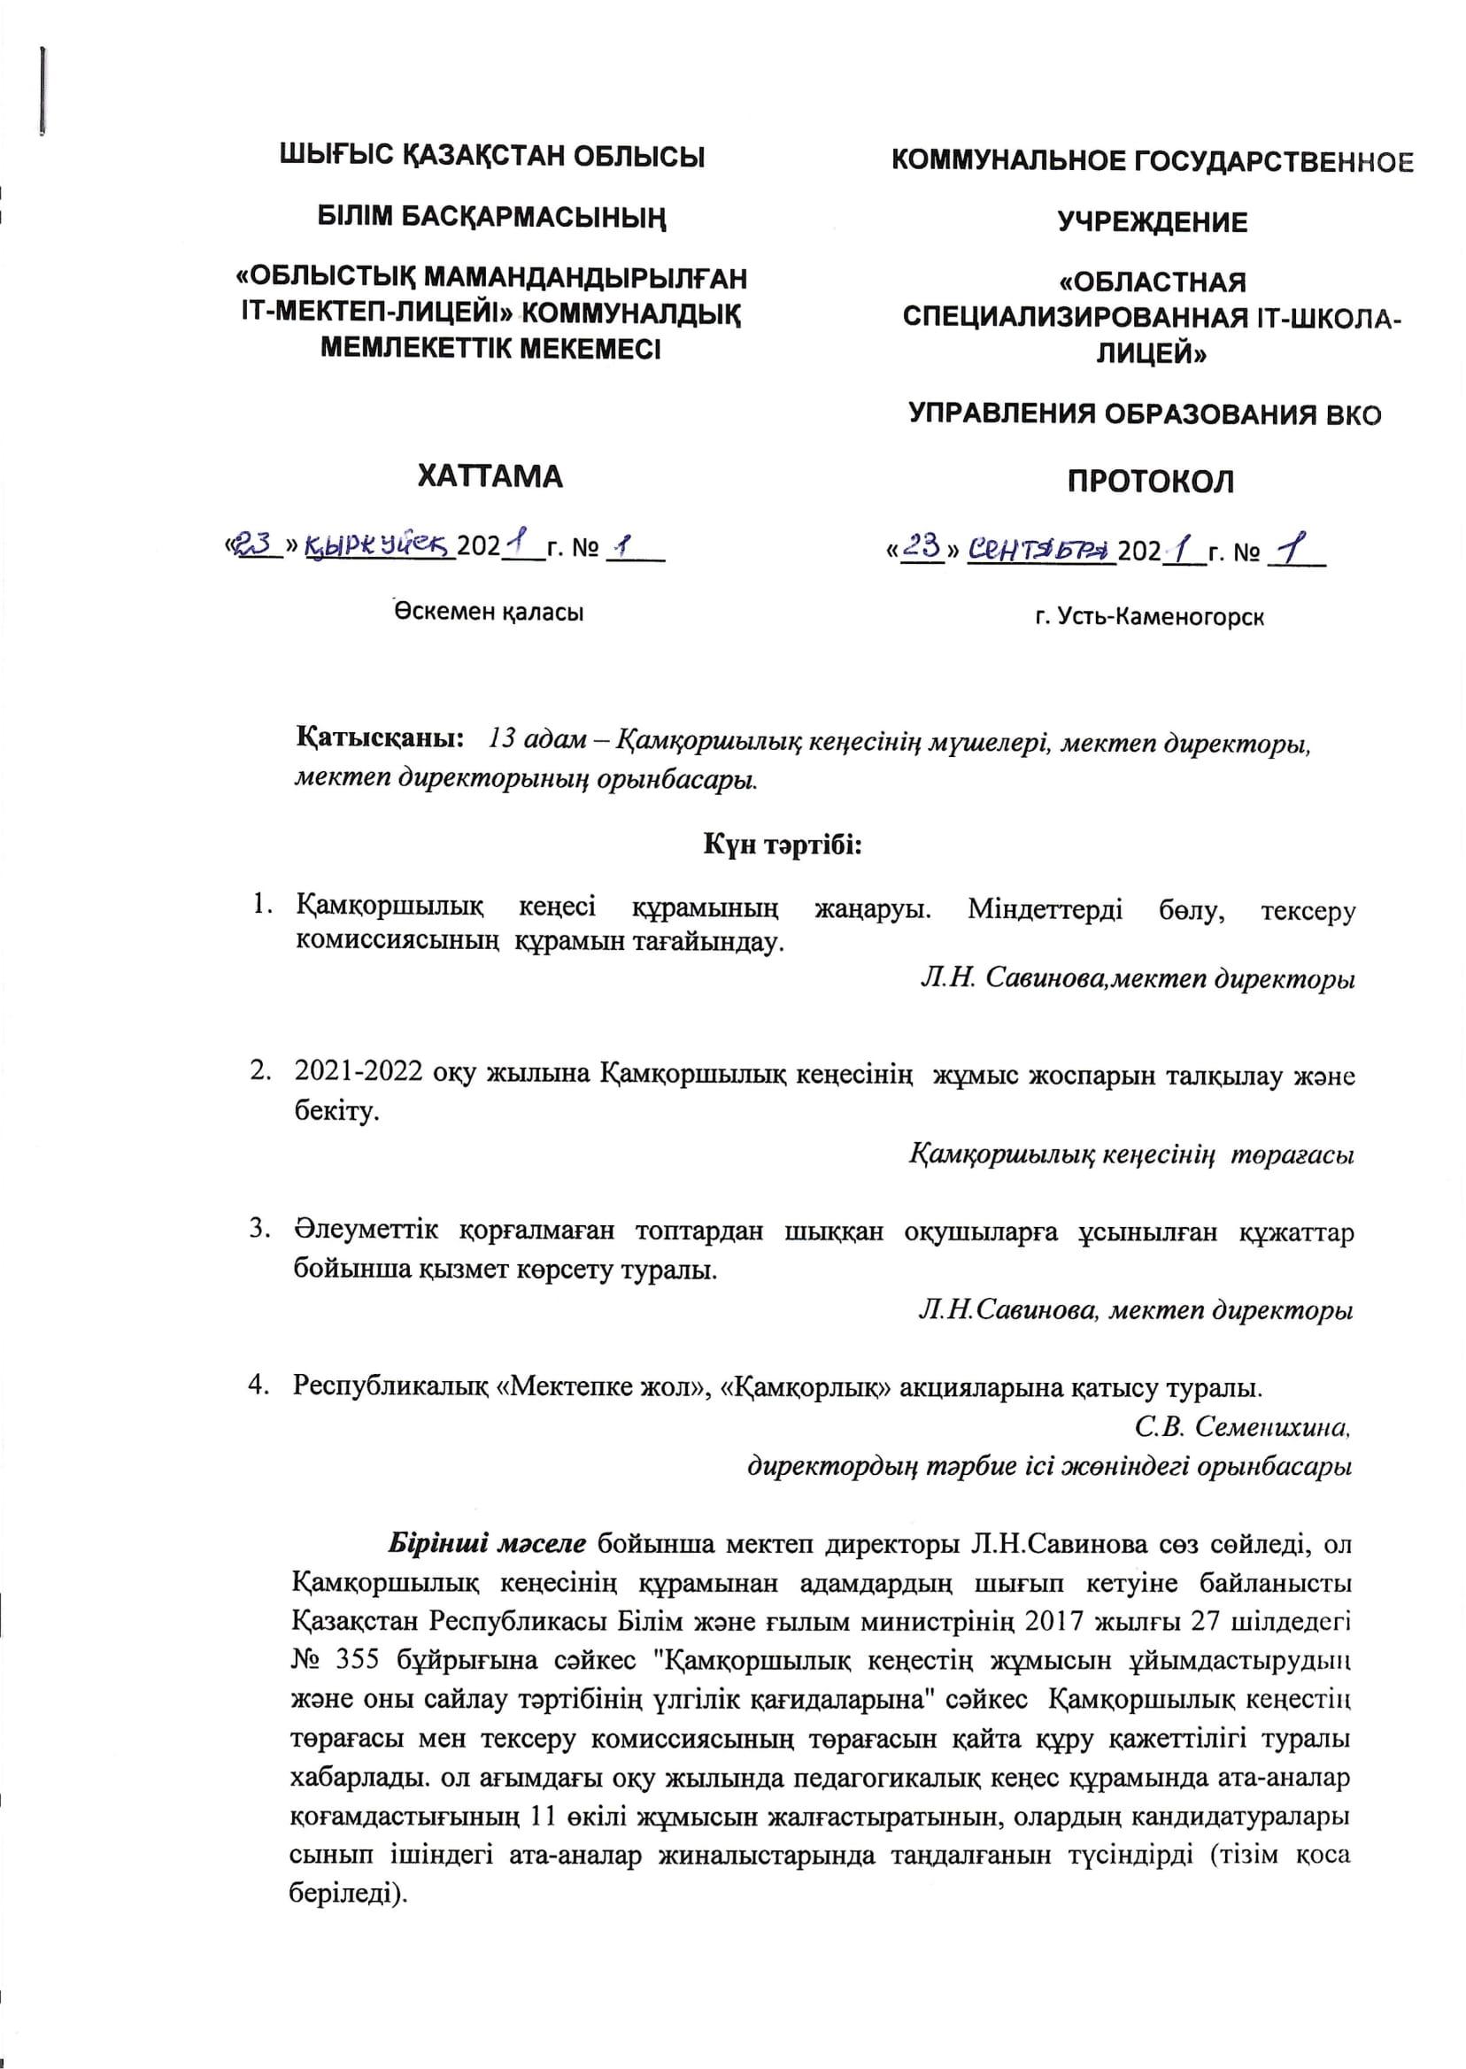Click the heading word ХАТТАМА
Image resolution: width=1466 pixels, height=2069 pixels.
tap(490, 475)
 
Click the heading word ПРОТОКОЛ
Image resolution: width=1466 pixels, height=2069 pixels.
tap(1150, 481)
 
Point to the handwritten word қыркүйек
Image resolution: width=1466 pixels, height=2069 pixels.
tap(380, 544)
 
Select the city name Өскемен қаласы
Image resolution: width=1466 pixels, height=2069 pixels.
tap(489, 612)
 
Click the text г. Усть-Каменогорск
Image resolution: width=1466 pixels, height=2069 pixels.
tap(1149, 617)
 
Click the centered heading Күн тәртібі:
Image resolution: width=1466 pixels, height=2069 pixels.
tap(783, 845)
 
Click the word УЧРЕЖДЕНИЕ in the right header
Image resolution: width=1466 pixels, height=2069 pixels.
tap(1153, 222)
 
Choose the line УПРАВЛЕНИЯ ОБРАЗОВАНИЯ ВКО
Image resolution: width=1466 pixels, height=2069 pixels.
tap(1144, 414)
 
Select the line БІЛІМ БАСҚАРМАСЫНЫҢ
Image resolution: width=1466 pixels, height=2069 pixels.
tap(492, 218)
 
